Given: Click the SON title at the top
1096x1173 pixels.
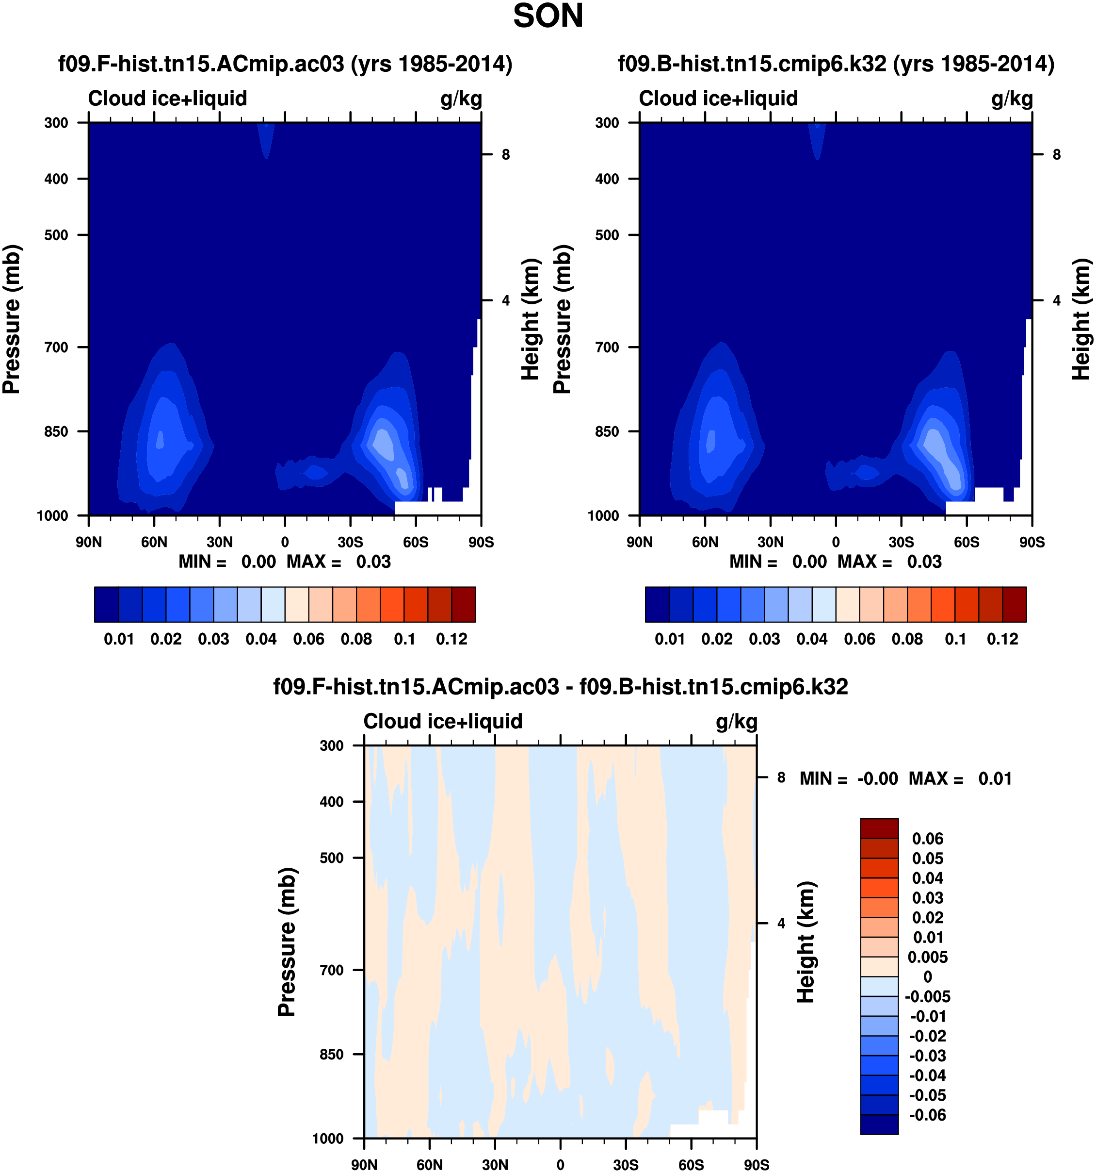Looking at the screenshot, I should click(x=548, y=17).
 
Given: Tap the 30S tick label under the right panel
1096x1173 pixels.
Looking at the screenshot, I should click(x=901, y=542).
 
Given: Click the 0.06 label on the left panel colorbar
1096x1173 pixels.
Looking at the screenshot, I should click(x=308, y=640).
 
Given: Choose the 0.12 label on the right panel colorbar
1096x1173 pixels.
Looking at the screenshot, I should click(x=1002, y=640).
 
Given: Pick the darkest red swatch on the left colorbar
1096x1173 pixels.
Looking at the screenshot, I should click(x=464, y=604).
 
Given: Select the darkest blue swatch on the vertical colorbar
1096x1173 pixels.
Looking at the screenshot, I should click(x=879, y=1124).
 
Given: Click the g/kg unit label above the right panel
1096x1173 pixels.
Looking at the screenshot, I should click(x=1012, y=99).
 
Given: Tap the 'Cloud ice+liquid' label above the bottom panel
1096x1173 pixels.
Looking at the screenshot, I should click(x=443, y=722).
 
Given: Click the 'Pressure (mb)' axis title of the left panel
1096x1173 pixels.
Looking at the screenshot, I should click(x=12, y=319).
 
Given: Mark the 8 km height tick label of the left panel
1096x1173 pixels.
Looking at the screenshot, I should click(x=505, y=155).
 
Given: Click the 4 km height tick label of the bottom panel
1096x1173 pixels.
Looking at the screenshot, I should click(x=781, y=924).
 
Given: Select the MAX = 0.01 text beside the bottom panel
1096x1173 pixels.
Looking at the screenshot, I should click(x=960, y=779).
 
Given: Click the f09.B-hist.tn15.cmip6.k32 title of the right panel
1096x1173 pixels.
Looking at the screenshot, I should click(x=836, y=64).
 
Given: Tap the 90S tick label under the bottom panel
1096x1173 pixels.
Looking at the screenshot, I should click(x=757, y=1165).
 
